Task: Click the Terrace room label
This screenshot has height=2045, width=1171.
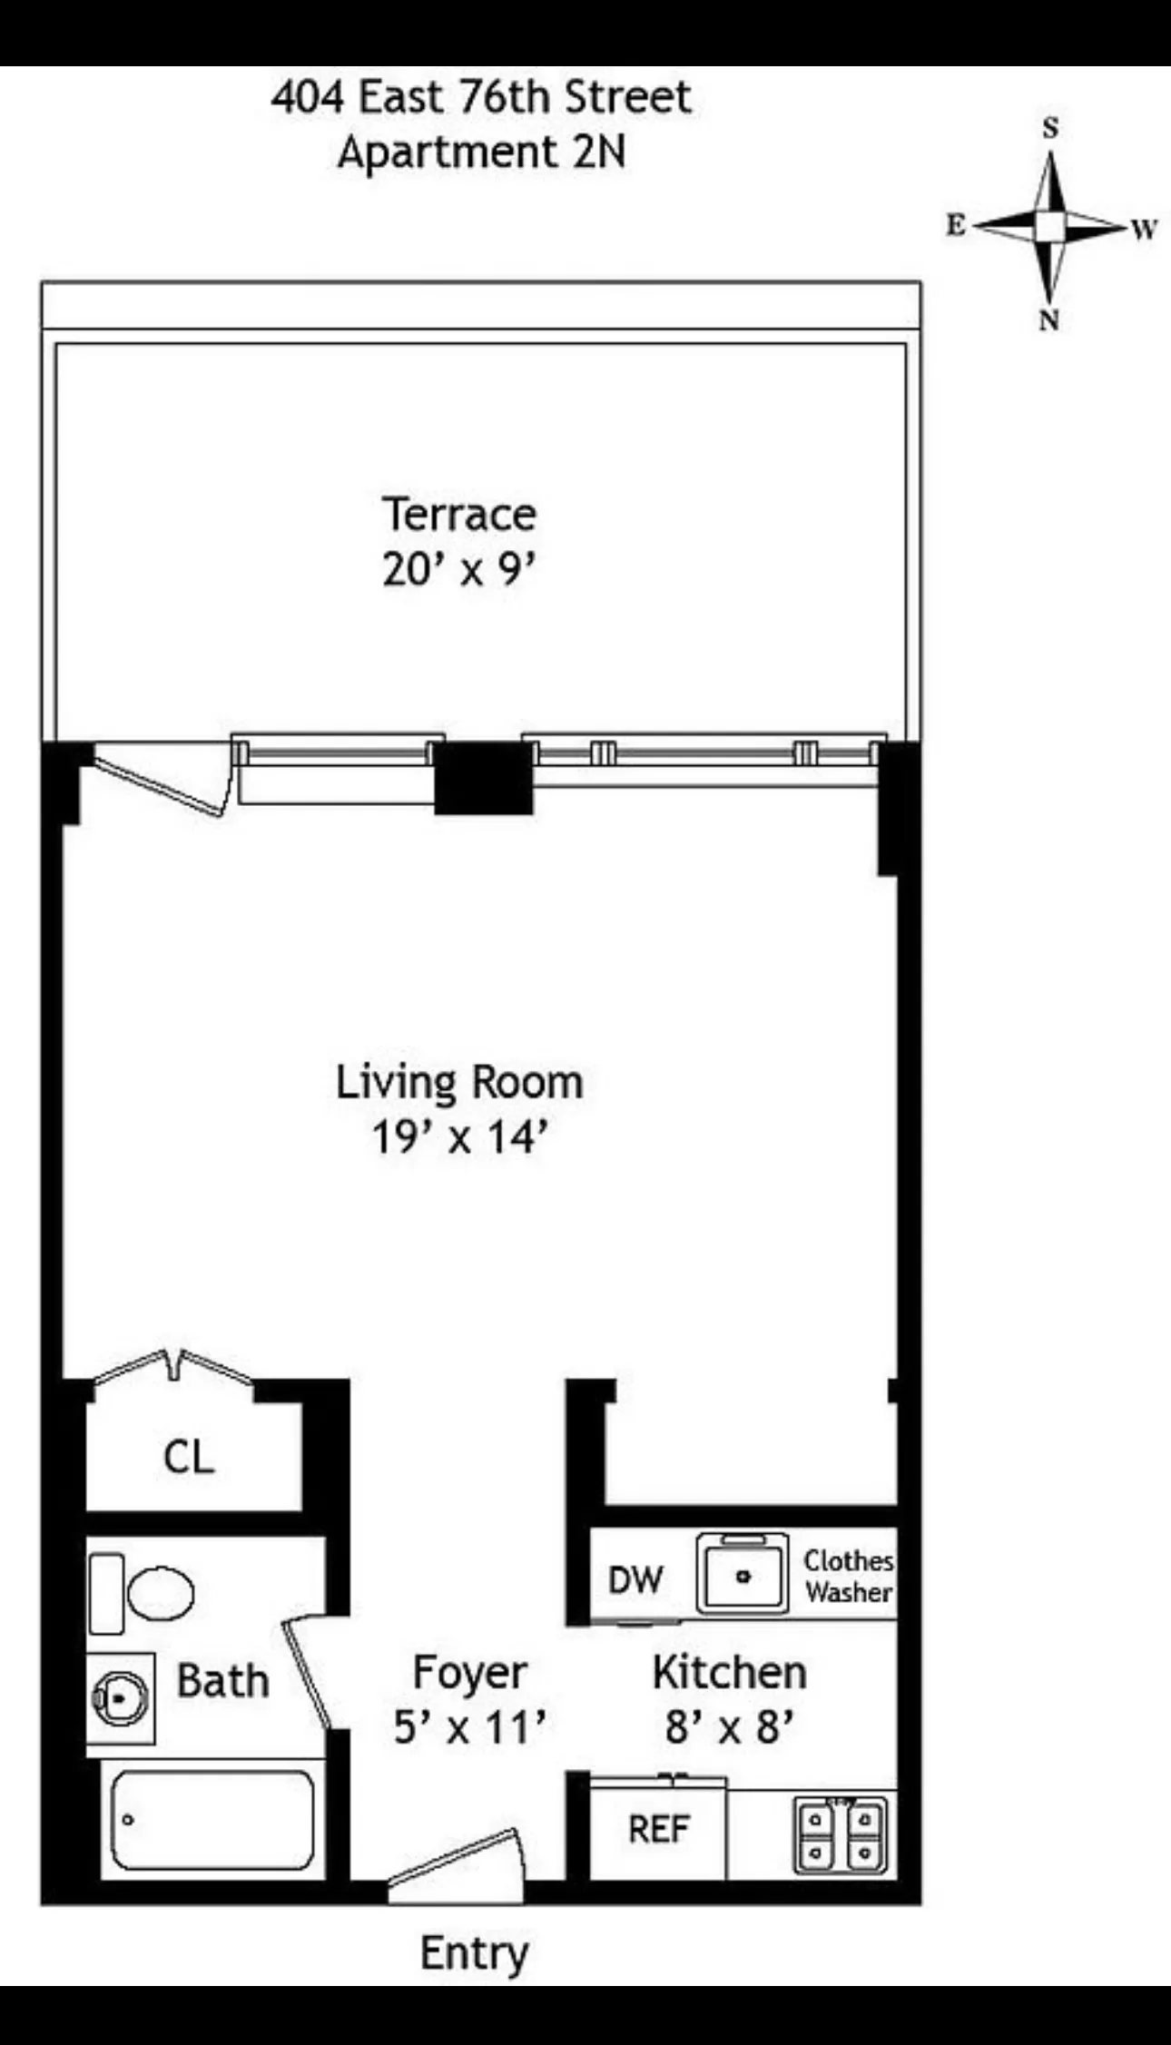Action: click(458, 515)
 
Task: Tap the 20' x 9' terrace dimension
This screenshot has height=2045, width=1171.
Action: click(458, 571)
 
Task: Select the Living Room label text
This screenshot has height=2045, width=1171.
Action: click(459, 1082)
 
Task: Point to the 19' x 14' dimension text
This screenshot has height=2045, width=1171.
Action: click(459, 1137)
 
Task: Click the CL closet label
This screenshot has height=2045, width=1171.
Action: click(189, 1457)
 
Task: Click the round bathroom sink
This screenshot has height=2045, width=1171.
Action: click(121, 1697)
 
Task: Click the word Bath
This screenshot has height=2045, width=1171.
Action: click(222, 1680)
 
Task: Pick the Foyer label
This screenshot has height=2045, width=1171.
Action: click(469, 1672)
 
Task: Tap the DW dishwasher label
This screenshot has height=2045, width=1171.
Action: click(635, 1580)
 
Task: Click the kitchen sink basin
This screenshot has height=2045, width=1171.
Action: click(743, 1577)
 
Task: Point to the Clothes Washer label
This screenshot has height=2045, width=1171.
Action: click(848, 1577)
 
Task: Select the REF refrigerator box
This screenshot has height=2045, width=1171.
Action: click(658, 1829)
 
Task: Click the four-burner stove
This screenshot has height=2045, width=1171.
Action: click(841, 1834)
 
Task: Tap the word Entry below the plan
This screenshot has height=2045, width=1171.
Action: click(474, 1952)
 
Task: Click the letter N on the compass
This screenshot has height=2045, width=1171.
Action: click(1049, 320)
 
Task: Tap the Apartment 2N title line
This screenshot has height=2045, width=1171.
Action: click(482, 152)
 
